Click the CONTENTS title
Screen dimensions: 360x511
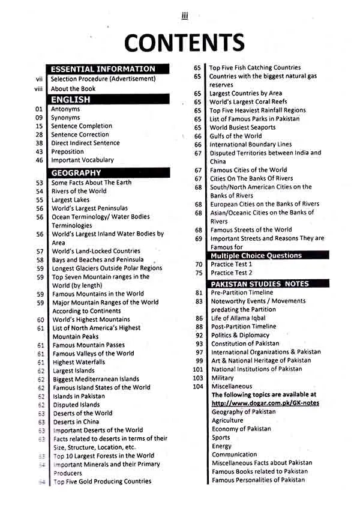tap(184, 43)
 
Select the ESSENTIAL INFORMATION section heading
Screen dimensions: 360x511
tap(103, 69)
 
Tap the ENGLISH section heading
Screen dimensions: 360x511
tap(71, 100)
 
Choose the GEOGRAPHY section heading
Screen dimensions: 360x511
tap(75, 172)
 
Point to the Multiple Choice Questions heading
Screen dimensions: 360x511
tap(256, 256)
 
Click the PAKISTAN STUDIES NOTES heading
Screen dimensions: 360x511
tap(259, 283)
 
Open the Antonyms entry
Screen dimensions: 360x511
tap(65, 109)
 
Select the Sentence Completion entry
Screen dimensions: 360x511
tap(82, 126)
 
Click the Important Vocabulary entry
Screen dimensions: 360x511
tap(82, 160)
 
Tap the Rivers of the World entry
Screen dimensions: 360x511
tap(79, 191)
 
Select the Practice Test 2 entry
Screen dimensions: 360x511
tap(232, 273)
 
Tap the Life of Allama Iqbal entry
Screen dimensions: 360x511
tap(238, 318)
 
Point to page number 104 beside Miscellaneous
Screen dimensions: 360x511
tap(198, 386)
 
